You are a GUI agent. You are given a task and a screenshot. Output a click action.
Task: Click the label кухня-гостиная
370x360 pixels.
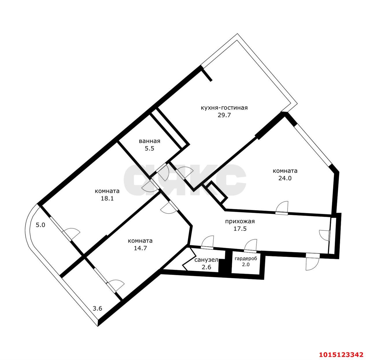pyautogui.click(x=224, y=108)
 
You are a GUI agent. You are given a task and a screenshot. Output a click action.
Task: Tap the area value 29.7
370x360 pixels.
pyautogui.click(x=224, y=115)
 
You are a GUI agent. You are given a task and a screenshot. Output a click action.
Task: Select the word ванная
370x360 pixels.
pyautogui.click(x=149, y=141)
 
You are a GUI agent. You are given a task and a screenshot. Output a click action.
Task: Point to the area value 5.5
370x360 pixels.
pyautogui.click(x=149, y=148)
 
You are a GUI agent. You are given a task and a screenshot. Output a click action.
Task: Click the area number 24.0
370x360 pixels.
pyautogui.click(x=285, y=178)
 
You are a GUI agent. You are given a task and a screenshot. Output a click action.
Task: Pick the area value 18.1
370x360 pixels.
pyautogui.click(x=107, y=198)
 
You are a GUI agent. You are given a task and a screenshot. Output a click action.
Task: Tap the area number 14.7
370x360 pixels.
pyautogui.click(x=140, y=248)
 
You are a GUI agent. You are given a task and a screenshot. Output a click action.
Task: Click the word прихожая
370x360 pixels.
pyautogui.click(x=240, y=221)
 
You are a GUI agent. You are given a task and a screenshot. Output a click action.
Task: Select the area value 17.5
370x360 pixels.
pyautogui.click(x=240, y=229)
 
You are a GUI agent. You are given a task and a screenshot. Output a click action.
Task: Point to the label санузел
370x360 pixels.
pyautogui.click(x=206, y=260)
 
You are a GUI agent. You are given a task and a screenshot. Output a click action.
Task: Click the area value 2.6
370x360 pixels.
pyautogui.click(x=206, y=267)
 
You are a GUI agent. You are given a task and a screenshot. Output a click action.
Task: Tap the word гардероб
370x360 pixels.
pyautogui.click(x=246, y=259)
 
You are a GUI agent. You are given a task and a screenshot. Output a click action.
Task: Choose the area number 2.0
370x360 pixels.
pyautogui.click(x=246, y=265)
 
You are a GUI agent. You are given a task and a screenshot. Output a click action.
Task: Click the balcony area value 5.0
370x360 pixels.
pyautogui.click(x=40, y=225)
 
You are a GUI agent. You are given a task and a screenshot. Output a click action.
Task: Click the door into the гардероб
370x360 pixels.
pyautogui.click(x=250, y=246)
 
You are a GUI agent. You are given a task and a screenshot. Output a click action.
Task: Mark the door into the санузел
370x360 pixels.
pyautogui.click(x=207, y=242)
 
